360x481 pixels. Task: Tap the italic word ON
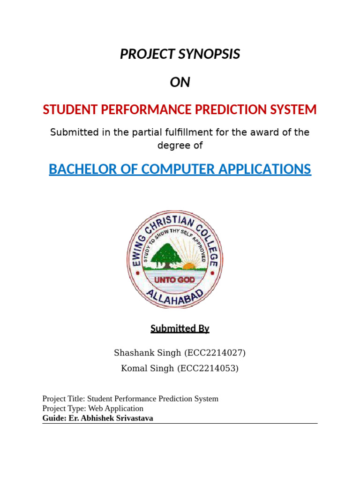pos(180,82)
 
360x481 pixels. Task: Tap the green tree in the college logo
pos(165,253)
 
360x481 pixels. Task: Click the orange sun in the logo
pos(189,266)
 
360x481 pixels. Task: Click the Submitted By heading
pos(180,328)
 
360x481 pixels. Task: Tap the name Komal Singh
pos(147,368)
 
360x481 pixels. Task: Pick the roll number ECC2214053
pos(208,368)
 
